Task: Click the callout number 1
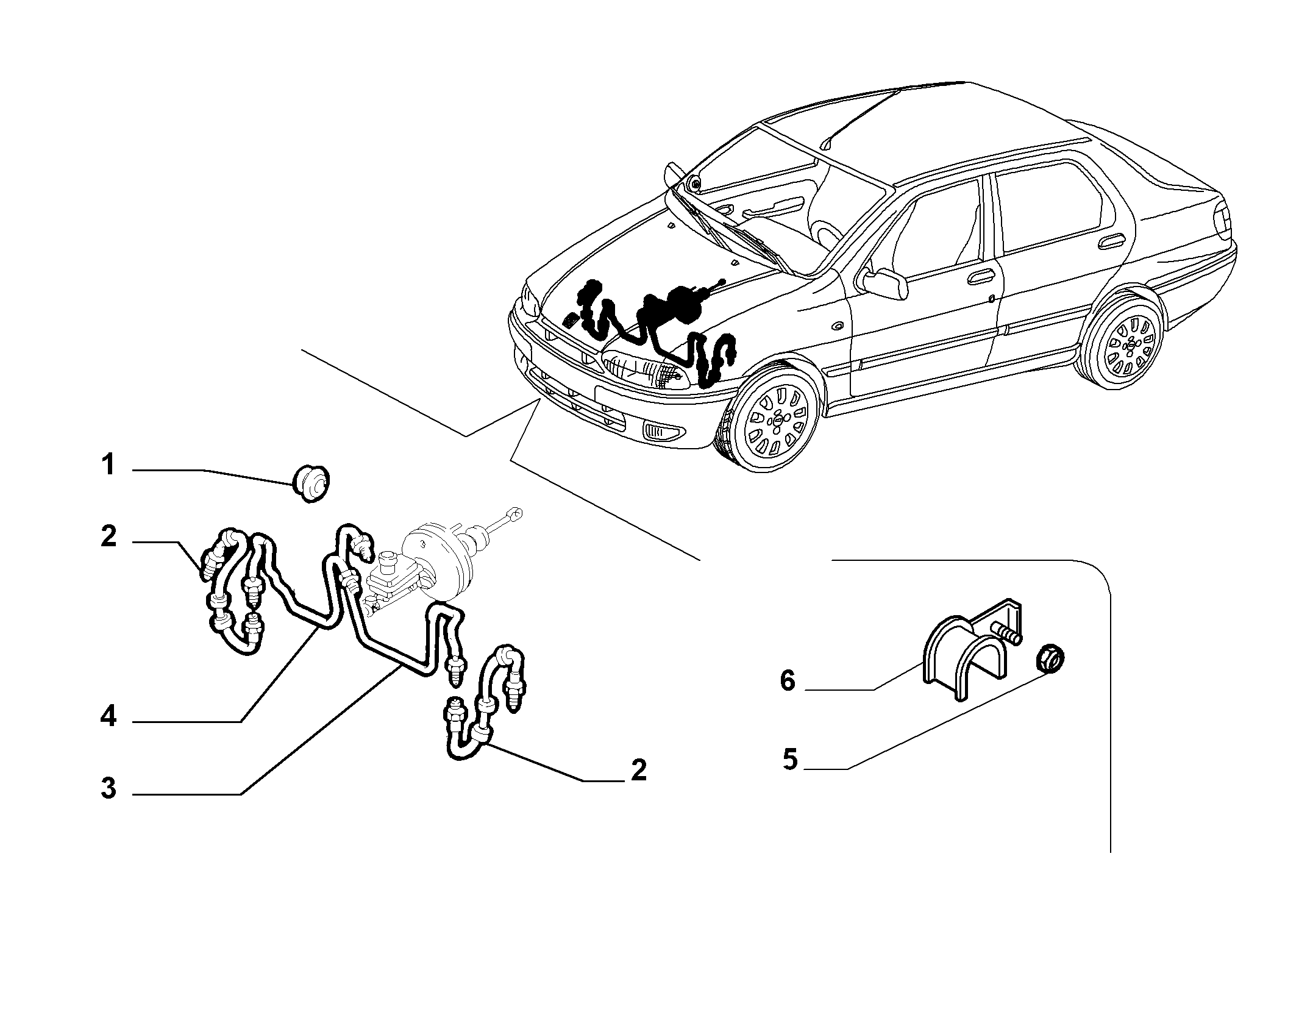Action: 108,465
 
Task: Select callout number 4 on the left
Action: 109,716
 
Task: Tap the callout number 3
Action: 109,788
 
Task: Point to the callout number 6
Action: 788,681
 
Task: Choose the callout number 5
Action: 790,760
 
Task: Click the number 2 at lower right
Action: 638,771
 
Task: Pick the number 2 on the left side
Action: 109,536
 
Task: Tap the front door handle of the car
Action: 980,278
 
